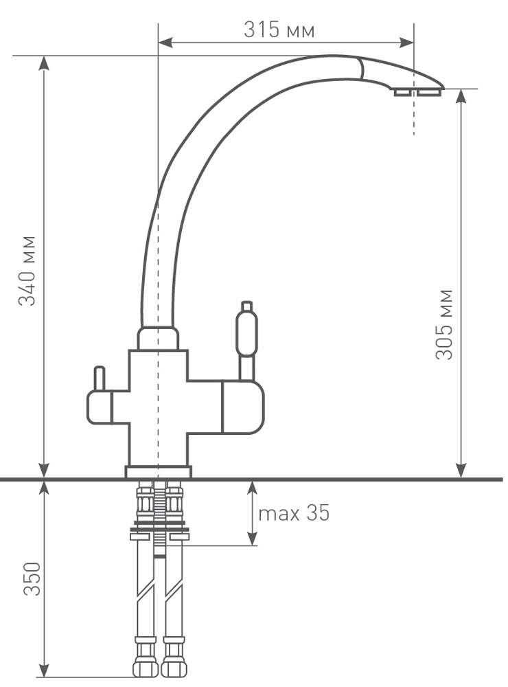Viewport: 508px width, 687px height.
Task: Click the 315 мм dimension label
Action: click(279, 30)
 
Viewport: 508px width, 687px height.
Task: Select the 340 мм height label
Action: click(27, 270)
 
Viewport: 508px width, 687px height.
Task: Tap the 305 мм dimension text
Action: click(444, 325)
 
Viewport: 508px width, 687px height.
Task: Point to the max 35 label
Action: click(294, 513)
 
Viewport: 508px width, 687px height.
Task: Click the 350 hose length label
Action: click(32, 578)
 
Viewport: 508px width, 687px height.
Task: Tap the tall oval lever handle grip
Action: click(246, 333)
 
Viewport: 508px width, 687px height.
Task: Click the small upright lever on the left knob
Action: click(100, 379)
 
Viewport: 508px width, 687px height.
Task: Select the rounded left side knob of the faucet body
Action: click(100, 407)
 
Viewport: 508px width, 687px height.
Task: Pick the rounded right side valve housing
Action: click(243, 407)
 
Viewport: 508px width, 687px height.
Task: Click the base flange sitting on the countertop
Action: click(158, 472)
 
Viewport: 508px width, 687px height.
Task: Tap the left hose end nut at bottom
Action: click(145, 668)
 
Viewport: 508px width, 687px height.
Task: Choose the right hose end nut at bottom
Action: click(174, 668)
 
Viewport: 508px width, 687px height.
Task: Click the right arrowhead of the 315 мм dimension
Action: click(406, 43)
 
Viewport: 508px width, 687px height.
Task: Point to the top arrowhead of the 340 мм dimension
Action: click(44, 63)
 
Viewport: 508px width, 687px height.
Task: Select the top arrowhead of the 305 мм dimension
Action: click(461, 96)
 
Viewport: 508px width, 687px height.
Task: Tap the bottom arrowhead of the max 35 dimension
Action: click(252, 539)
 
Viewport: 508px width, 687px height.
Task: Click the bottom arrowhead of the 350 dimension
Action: click(44, 671)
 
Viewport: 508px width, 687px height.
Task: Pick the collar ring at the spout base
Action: click(158, 338)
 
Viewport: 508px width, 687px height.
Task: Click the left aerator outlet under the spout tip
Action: click(402, 92)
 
